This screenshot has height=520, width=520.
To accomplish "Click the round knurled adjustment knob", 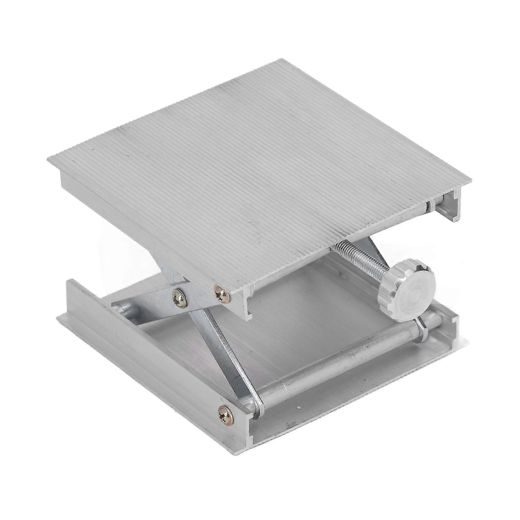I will coord(405,281).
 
